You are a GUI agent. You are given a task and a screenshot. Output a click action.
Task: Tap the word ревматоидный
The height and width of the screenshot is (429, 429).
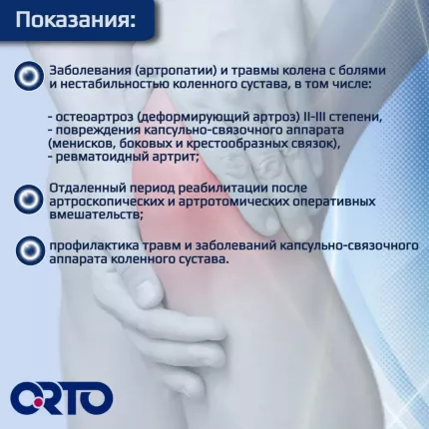click(100, 158)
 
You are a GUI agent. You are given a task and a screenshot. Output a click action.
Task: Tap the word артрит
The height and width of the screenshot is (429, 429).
click(175, 158)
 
